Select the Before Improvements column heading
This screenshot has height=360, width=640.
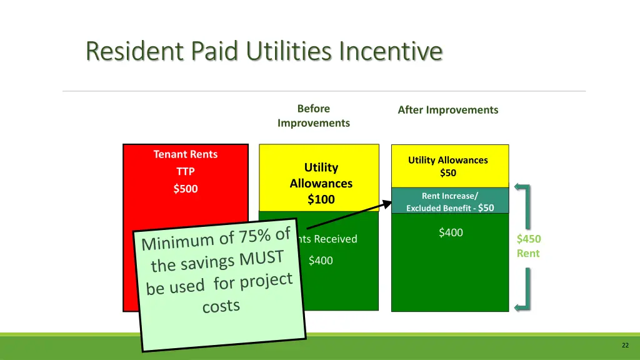314,116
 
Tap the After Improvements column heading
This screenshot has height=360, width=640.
448,110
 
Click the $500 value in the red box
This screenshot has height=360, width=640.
186,189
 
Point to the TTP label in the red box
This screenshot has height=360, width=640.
186,171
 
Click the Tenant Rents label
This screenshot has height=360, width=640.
186,154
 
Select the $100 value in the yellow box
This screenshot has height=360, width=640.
321,199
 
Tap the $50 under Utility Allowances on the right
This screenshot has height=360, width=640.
448,173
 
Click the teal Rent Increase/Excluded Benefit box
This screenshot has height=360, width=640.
449,201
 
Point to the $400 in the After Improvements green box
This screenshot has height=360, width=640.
451,233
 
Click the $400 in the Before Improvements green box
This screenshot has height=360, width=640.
321,261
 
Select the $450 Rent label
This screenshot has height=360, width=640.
529,246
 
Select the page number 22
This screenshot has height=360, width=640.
625,346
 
